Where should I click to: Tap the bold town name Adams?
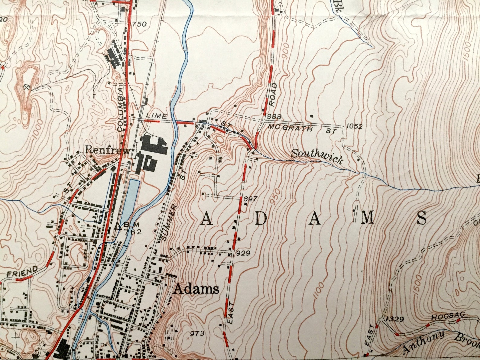[196, 289]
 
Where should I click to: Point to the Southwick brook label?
[317, 157]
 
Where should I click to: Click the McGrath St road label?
[289, 129]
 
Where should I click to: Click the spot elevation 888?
[274, 117]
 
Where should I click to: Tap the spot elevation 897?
[250, 199]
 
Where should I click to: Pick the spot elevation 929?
[244, 253]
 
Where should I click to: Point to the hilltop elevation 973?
[198, 333]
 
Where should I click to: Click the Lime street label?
[156, 116]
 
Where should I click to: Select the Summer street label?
[169, 222]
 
